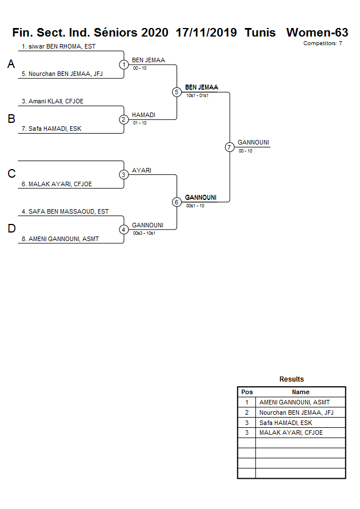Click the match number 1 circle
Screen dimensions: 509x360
[124, 65]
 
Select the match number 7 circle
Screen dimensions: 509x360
[230, 147]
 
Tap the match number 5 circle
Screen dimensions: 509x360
[177, 92]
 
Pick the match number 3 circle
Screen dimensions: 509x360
[124, 174]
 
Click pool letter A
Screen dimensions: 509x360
[11, 65]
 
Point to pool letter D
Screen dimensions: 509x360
[11, 229]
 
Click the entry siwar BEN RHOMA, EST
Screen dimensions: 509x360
[58, 46]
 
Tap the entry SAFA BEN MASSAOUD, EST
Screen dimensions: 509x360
[65, 211]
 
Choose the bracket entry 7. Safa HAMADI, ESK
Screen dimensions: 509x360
[51, 129]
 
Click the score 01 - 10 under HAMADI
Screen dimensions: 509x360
[139, 123]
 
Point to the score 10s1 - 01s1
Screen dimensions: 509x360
[197, 95]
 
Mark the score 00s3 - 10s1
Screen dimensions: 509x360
[143, 233]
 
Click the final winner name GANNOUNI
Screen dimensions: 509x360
[253, 142]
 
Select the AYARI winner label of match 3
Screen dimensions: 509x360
[142, 170]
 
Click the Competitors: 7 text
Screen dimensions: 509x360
[323, 43]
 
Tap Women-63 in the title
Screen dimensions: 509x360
[317, 33]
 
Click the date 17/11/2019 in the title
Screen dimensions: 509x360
[206, 33]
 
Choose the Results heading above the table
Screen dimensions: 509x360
[291, 379]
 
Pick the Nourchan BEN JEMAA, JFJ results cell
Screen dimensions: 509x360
[296, 412]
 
